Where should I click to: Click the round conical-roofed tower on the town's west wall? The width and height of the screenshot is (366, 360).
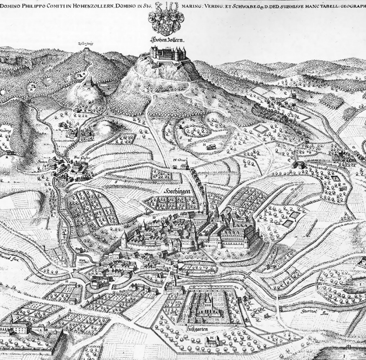click(x=124, y=239)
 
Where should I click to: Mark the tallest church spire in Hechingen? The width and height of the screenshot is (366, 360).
click(x=205, y=195)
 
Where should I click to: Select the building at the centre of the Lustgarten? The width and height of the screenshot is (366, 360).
click(x=206, y=304)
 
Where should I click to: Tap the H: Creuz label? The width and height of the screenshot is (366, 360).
click(x=178, y=160)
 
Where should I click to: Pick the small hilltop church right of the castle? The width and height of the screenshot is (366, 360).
click(x=293, y=94)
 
